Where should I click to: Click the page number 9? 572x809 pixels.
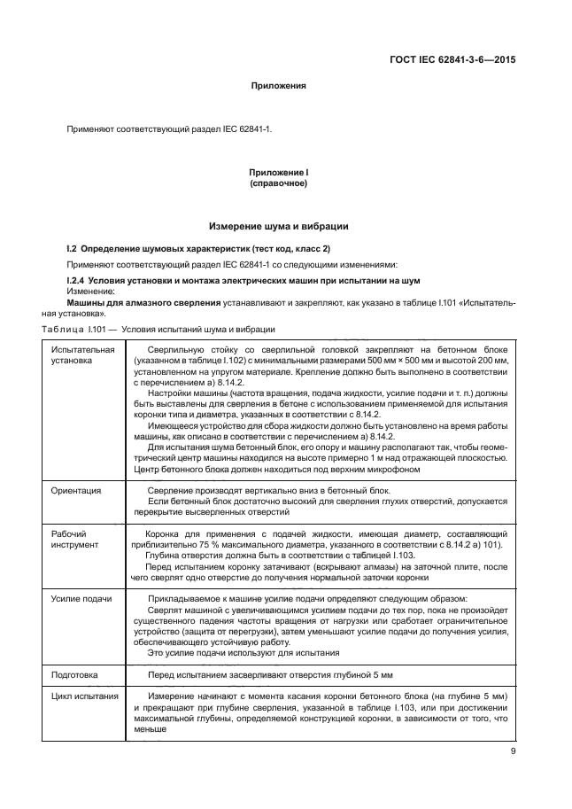coord(513,752)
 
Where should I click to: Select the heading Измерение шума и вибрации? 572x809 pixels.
coord(278,226)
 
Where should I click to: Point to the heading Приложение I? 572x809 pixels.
coord(278,172)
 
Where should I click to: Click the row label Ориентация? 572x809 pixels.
coord(76,489)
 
